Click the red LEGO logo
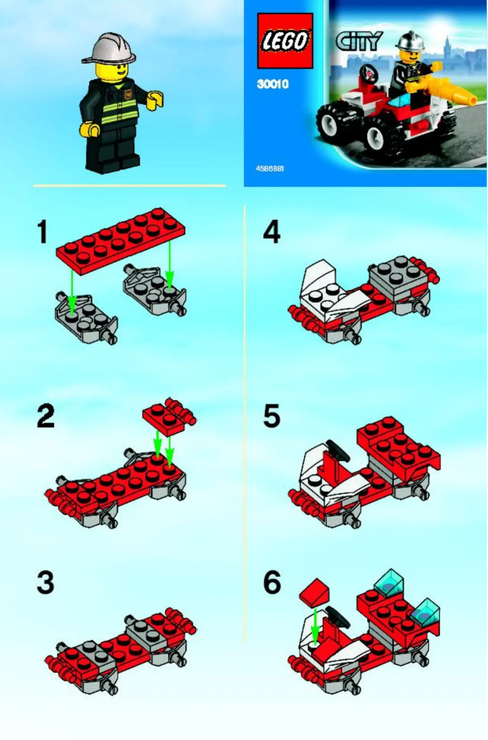point(284,40)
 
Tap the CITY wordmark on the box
point(359,41)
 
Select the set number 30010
point(272,85)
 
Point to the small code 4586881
point(270,168)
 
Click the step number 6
point(272,582)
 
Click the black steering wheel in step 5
point(335,450)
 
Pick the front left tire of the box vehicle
point(336,125)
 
